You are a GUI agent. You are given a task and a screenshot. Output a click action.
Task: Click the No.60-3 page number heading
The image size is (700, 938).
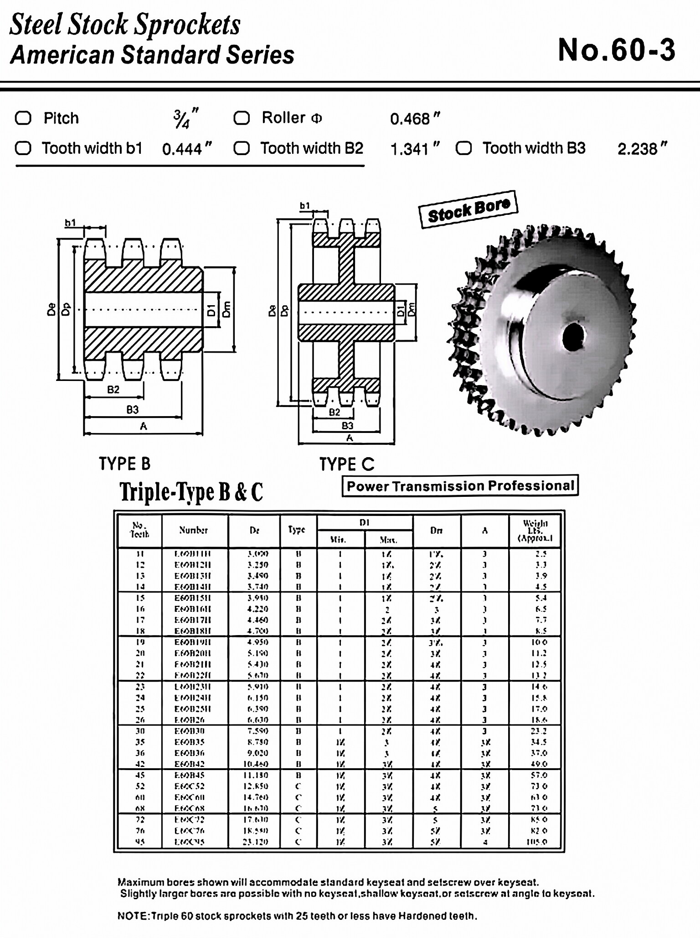tap(616, 50)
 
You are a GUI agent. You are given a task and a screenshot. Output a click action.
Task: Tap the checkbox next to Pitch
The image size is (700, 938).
tap(23, 118)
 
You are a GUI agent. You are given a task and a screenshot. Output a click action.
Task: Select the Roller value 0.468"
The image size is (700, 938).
tap(415, 119)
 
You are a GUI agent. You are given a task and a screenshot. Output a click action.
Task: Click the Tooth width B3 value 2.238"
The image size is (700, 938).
tap(642, 149)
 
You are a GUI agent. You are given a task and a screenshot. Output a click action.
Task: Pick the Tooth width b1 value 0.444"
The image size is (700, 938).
tap(187, 149)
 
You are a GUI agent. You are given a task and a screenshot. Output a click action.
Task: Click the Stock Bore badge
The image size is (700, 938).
tap(468, 209)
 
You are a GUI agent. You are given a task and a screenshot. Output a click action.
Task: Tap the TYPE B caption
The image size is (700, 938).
tap(124, 464)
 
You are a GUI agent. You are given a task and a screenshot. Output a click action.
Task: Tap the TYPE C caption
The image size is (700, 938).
tap(346, 464)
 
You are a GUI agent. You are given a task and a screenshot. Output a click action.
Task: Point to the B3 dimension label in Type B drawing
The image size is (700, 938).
tap(132, 409)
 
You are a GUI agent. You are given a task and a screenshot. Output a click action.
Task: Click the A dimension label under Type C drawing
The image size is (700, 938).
tap(350, 438)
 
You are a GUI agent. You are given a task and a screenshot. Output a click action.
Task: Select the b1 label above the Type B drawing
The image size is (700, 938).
tap(70, 223)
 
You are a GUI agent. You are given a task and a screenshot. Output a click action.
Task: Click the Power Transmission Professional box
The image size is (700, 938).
tap(460, 486)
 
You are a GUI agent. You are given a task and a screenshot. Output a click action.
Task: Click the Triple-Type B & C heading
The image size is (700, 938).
tap(191, 492)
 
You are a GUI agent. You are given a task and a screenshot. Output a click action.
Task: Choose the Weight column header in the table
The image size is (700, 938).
tap(535, 531)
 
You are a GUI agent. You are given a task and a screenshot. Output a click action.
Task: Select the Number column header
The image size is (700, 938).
tap(193, 530)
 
